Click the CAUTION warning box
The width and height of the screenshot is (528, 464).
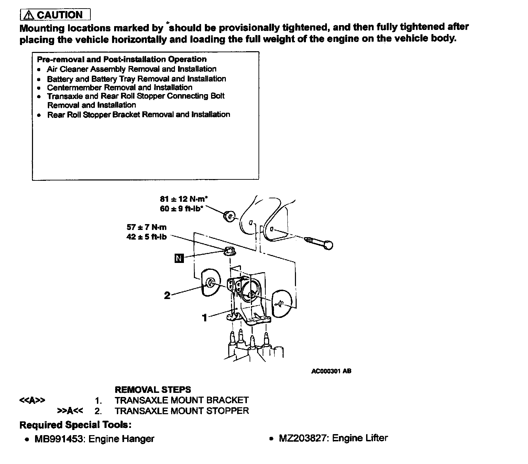point(55,15)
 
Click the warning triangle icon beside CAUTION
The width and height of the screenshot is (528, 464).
point(30,15)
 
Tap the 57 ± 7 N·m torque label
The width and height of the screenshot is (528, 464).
point(146,227)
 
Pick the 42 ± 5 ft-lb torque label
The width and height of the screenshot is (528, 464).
point(146,237)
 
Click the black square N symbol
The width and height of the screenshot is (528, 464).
point(179,258)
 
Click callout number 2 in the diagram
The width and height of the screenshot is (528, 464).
point(167,295)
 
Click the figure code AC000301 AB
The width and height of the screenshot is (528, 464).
point(331,371)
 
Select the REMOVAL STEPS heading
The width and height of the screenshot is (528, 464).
point(153,390)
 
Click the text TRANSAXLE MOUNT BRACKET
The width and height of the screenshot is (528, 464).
point(181,400)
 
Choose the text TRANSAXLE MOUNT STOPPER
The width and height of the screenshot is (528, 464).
point(181,411)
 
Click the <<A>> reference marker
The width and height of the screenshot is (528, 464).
point(32,400)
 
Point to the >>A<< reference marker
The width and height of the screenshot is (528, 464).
point(70,411)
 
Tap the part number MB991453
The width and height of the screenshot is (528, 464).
point(58,439)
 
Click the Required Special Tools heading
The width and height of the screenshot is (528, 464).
point(75,425)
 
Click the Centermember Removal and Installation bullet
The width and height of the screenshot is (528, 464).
point(119,88)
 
